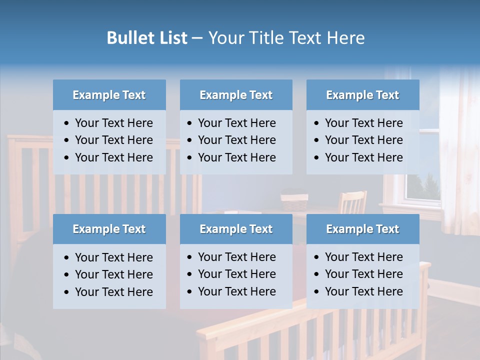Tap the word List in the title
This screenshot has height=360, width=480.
point(172,38)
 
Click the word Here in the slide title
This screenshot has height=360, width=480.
point(345,38)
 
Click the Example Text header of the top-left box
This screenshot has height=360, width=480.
point(109,95)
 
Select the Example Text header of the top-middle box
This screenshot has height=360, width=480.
point(236,95)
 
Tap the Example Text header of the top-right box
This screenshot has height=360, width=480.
point(362,95)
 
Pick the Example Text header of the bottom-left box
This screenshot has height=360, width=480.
point(109,229)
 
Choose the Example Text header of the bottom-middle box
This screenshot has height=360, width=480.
point(236,229)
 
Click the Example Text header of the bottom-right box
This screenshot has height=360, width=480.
point(362,229)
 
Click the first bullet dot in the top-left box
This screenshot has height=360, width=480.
point(67,123)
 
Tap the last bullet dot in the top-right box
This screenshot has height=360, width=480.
point(317,158)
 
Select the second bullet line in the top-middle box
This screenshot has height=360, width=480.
point(236,140)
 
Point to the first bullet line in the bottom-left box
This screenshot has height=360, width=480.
point(113,257)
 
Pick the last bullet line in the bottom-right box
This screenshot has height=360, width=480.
point(363,291)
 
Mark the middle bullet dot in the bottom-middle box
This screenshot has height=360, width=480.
point(190,274)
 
